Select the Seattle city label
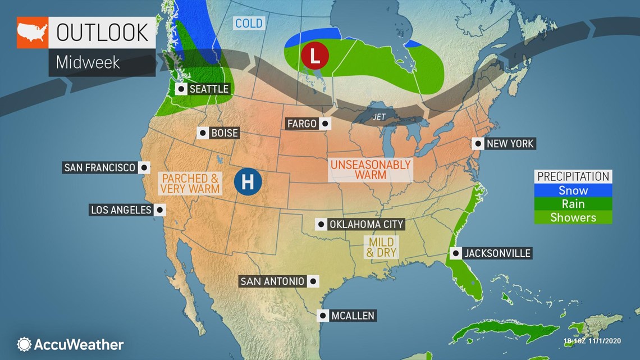[x=209, y=89]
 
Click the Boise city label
[x=225, y=133]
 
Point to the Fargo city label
[x=302, y=124]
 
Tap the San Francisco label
[x=100, y=167]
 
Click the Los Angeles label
[x=121, y=210]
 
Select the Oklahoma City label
[x=366, y=225]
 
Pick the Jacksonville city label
[x=497, y=253]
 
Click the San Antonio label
[x=272, y=281]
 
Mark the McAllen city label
[x=353, y=316]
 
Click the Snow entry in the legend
[x=573, y=190]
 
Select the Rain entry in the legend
[x=573, y=204]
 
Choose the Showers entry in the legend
[x=573, y=217]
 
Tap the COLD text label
[x=249, y=24]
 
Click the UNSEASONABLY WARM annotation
[x=371, y=170]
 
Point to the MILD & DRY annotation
[x=381, y=247]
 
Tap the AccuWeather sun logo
[x=24, y=344]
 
